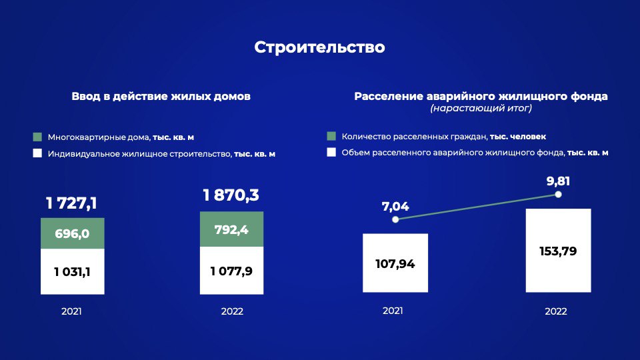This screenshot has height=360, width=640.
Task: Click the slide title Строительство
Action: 319,47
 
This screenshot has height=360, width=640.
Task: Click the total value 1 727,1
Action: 71,203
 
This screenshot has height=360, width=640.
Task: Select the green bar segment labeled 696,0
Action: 72,233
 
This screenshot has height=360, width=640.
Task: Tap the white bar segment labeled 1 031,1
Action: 72,271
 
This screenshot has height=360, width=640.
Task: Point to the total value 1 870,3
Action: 231,195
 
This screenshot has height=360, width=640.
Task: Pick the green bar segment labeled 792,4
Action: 231,229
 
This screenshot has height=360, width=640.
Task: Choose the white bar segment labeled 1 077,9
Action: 231,271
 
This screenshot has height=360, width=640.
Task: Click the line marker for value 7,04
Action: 395,219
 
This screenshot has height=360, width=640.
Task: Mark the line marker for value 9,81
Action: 558,195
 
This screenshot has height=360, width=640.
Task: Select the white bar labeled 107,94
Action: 395,263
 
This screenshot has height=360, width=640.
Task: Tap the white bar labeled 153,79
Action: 558,251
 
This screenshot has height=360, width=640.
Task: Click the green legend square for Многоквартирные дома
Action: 37,137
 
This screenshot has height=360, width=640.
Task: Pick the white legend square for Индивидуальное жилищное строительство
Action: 37,153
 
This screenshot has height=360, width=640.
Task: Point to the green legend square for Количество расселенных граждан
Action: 331,136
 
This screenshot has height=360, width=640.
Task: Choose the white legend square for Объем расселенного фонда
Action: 331,152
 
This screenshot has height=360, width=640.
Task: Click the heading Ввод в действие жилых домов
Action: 161,97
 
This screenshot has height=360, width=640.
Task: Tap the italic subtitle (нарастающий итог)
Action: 481,108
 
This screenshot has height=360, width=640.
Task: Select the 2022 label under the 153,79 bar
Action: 556,311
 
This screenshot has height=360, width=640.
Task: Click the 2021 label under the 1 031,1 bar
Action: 71,311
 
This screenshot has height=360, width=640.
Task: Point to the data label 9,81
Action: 558,181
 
